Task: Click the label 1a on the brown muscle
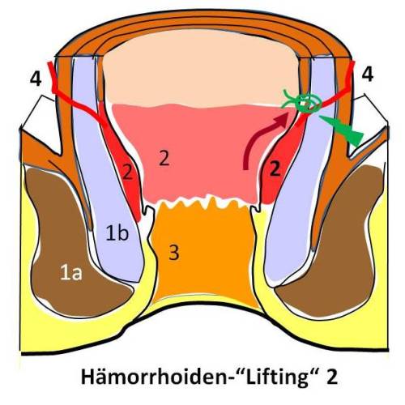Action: click(x=71, y=273)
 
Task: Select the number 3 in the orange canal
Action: click(x=174, y=253)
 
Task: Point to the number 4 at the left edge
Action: click(x=36, y=79)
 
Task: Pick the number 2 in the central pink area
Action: click(x=164, y=158)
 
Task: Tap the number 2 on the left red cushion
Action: click(x=127, y=172)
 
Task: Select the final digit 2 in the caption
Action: click(x=332, y=377)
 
